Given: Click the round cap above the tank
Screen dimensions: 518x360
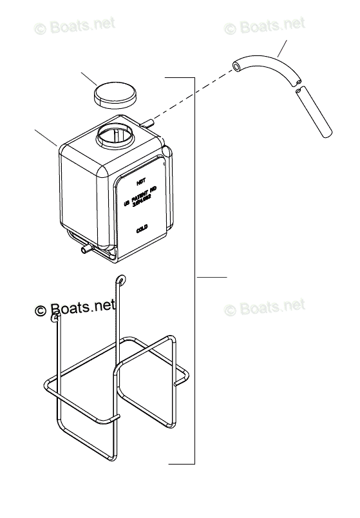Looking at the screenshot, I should [x=115, y=95].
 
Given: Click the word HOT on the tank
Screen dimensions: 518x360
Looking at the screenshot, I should [x=141, y=182].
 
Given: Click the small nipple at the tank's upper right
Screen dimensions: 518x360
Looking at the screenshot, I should [x=149, y=121].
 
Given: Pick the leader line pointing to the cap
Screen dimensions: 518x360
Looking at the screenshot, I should [x=88, y=81].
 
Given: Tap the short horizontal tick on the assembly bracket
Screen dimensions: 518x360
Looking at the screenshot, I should [x=211, y=277].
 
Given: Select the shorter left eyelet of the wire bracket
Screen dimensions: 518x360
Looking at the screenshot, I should [x=56, y=318].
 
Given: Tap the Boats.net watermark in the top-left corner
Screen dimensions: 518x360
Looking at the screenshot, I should [x=75, y=26].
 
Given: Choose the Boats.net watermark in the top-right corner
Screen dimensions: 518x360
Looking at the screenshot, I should [x=265, y=26].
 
